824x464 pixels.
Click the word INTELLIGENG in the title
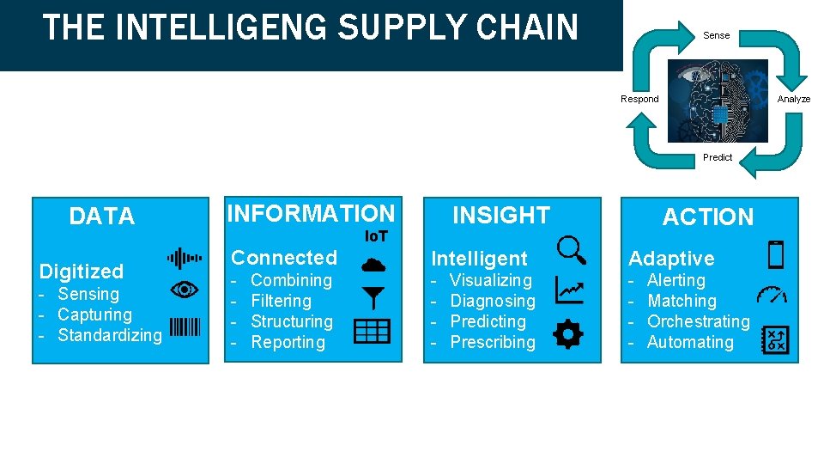pyautogui.click(x=221, y=27)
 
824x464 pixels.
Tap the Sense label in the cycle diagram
pyautogui.click(x=716, y=35)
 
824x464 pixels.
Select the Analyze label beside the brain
pyautogui.click(x=793, y=99)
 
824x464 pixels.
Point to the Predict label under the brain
pyautogui.click(x=718, y=157)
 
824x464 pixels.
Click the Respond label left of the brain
pyautogui.click(x=639, y=99)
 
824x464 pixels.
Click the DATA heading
pyautogui.click(x=102, y=217)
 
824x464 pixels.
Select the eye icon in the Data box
pyautogui.click(x=185, y=291)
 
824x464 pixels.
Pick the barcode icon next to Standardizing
pyautogui.click(x=185, y=327)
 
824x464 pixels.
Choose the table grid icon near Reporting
pyautogui.click(x=372, y=331)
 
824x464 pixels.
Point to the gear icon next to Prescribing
pyautogui.click(x=568, y=333)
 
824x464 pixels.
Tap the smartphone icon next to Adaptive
pyautogui.click(x=775, y=254)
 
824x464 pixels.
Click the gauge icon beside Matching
pyautogui.click(x=773, y=295)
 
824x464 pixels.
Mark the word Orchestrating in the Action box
pyautogui.click(x=698, y=321)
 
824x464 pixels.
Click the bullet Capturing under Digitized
pyautogui.click(x=94, y=314)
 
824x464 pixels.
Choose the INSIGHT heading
pyautogui.click(x=501, y=215)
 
